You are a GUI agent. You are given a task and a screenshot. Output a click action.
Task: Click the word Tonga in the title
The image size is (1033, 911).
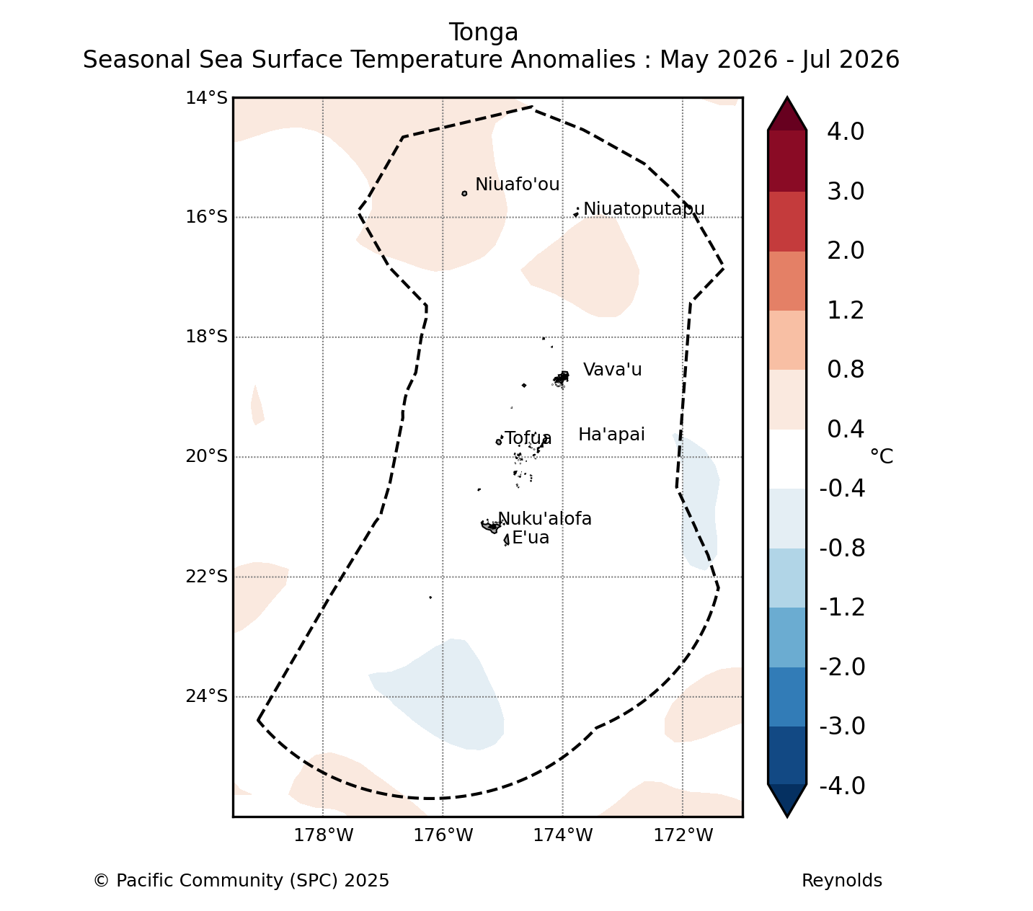[x=483, y=32]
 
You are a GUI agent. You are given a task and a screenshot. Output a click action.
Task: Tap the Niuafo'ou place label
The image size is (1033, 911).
[x=517, y=184]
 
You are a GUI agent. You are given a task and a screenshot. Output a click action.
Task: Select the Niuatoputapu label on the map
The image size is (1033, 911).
[x=644, y=209]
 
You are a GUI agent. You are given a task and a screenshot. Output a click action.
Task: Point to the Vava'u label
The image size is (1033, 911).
[x=612, y=370]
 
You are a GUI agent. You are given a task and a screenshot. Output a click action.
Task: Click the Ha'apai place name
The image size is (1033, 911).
[x=611, y=435]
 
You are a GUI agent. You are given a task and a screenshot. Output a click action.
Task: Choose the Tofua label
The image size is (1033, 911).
[x=528, y=438]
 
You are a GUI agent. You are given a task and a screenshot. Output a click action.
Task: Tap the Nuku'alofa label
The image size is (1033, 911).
[x=544, y=518]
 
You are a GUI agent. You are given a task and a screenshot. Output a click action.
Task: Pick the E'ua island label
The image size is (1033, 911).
[x=531, y=538]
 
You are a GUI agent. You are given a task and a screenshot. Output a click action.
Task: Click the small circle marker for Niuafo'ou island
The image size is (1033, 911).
[x=464, y=193]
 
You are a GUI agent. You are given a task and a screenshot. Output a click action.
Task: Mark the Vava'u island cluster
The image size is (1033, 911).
[x=561, y=379]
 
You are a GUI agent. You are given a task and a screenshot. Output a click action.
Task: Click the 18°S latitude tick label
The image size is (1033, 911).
[x=206, y=337]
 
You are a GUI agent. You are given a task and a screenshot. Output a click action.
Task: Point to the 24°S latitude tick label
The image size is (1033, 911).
[x=206, y=696]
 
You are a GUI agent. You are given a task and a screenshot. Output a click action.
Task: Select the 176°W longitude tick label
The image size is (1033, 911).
[x=443, y=835]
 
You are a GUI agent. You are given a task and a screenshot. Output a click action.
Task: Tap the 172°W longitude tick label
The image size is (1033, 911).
[x=683, y=835]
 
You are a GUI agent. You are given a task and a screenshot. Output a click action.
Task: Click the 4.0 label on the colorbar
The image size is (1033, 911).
[x=846, y=131]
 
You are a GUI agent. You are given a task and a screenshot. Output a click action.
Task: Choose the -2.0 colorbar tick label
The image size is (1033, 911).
[x=842, y=667]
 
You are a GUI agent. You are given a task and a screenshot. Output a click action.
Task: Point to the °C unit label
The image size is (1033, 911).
[x=882, y=455]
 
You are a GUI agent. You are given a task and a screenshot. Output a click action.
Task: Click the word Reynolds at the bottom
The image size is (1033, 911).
[x=841, y=881]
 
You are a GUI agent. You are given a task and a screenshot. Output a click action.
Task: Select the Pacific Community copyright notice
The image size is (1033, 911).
[x=241, y=881]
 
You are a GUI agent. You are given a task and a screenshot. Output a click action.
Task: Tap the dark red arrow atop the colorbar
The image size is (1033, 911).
[x=786, y=115]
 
